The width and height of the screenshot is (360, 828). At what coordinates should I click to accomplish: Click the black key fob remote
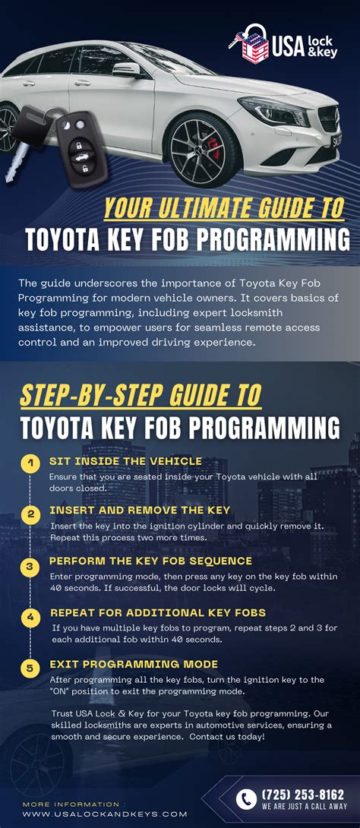pos(82,148)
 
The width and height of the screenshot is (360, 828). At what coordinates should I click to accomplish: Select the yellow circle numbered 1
pos(30,464)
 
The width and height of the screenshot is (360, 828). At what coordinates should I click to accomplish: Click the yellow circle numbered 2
pos(30,514)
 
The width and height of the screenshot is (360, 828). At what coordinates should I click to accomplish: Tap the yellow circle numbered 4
pos(30,617)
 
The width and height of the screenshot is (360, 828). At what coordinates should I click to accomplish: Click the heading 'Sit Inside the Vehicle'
pos(125,461)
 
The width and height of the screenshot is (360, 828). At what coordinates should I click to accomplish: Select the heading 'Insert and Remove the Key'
pos(140,510)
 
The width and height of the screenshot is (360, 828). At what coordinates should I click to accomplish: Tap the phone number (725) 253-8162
pos(303,795)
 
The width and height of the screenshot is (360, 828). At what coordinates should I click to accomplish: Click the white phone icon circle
pos(246,799)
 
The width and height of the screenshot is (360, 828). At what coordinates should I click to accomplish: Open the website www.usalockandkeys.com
pos(105,814)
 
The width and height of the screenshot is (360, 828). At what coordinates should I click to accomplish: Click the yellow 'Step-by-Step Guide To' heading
pos(141,397)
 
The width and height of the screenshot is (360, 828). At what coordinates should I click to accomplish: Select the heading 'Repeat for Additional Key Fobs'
pos(158,612)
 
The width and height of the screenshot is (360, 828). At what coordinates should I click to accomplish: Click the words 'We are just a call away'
pos(305,806)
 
